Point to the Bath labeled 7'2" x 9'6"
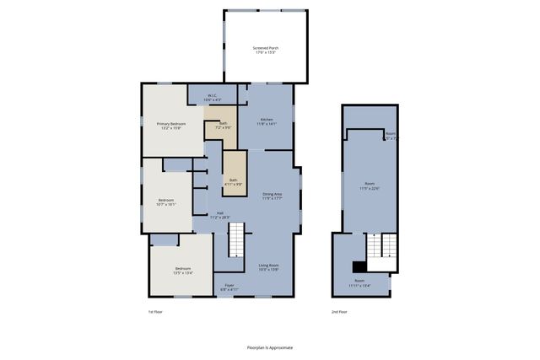tap(223, 125)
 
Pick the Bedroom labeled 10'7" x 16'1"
tap(166, 202)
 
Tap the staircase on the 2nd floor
tap(376, 247)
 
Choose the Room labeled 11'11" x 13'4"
tap(359, 282)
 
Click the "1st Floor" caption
tap(154, 312)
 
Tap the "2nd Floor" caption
tap(338, 312)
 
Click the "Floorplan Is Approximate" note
tap(270, 347)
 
